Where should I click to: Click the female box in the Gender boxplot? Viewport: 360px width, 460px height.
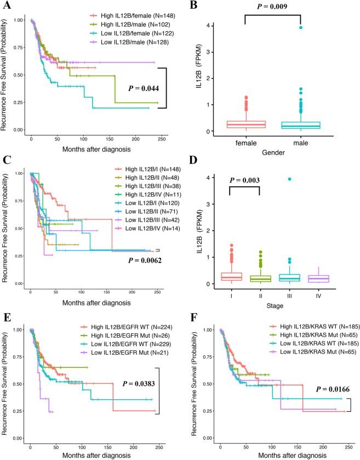pyautogui.click(x=242, y=124)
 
